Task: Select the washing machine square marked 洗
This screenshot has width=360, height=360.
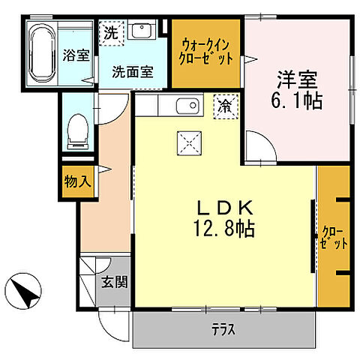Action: click(x=110, y=32)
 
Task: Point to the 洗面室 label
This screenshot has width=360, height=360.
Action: click(x=133, y=72)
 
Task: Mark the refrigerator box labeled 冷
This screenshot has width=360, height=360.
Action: click(x=224, y=106)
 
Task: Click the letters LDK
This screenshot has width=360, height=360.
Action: click(x=223, y=208)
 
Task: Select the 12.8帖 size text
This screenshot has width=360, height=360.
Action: click(x=223, y=228)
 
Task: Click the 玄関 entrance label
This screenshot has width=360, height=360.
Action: click(x=115, y=283)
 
